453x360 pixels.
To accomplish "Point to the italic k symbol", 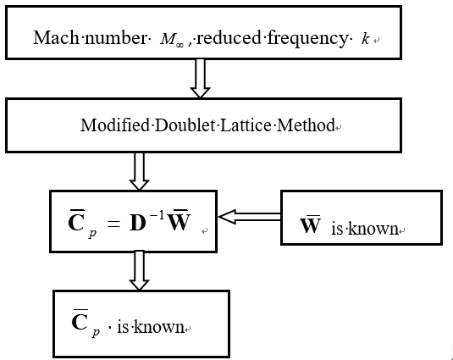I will (x=365, y=38).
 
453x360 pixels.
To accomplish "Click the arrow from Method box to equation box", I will (x=140, y=170).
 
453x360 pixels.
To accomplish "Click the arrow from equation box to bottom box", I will (x=139, y=270).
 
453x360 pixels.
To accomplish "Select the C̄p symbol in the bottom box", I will (x=86, y=324).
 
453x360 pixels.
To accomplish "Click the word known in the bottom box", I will (x=163, y=325).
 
